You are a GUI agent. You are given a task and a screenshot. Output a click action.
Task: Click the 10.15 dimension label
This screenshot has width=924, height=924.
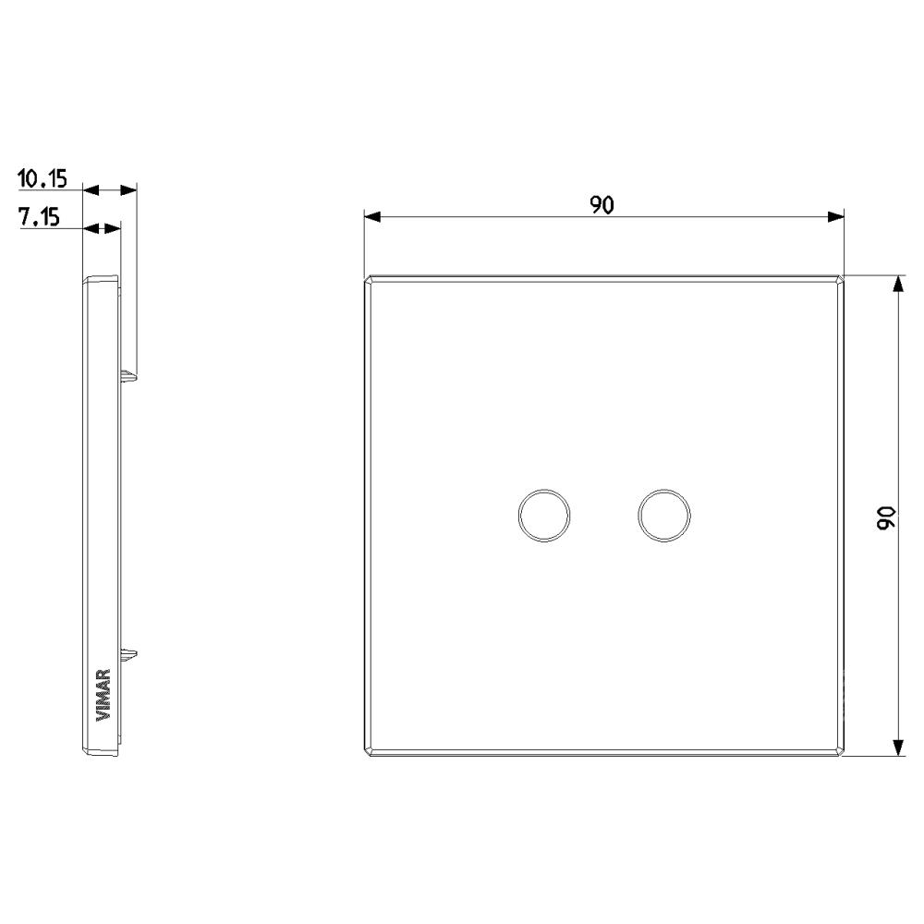tap(43, 178)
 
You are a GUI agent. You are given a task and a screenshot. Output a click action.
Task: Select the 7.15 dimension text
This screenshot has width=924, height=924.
tap(40, 217)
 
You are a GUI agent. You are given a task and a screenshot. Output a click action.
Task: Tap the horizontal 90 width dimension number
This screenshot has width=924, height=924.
tap(602, 205)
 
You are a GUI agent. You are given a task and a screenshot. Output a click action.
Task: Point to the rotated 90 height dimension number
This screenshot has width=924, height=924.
tap(886, 517)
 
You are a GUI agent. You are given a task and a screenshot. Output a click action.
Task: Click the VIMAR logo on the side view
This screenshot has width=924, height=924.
tap(103, 695)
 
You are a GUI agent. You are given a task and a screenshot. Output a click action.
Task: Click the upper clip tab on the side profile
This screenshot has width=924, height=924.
tap(128, 375)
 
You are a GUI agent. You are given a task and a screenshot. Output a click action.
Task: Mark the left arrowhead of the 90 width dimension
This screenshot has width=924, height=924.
tap(371, 217)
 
